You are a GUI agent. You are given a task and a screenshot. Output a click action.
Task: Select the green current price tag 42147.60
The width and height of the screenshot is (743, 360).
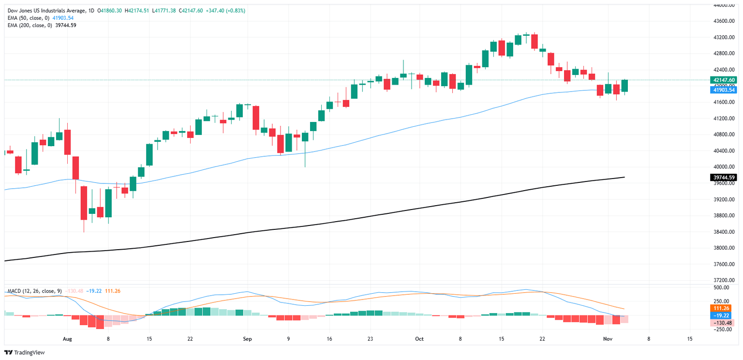click(723, 80)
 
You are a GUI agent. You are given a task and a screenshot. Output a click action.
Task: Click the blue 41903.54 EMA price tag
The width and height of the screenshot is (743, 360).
click(723, 90)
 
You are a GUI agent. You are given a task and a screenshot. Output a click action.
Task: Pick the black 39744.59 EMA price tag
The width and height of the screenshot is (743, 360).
click(723, 178)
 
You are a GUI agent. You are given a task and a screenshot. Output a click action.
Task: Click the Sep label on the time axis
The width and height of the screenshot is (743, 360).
click(247, 339)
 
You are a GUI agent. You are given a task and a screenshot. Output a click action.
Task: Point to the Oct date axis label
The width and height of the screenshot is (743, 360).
click(419, 339)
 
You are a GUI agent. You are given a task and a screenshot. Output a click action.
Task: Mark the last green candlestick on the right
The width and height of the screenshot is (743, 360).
click(624, 86)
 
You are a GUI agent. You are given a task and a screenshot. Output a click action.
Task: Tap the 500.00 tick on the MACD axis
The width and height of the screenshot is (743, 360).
click(724, 287)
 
